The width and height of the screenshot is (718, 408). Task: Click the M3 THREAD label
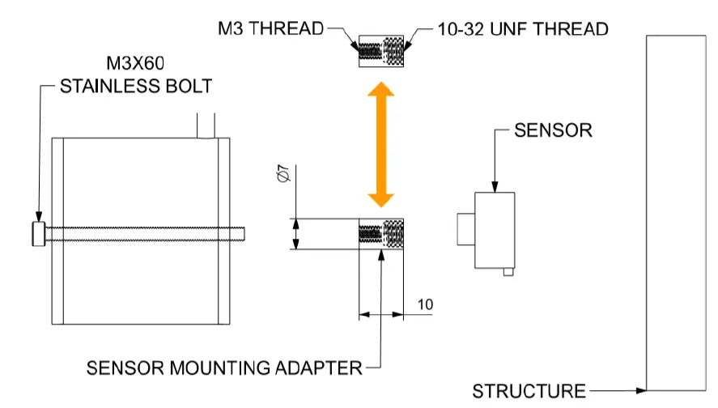[x=270, y=29]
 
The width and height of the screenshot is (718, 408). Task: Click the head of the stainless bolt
[x=38, y=234]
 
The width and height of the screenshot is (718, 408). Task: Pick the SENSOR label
[x=554, y=130]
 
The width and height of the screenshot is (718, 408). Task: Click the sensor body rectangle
[x=495, y=230]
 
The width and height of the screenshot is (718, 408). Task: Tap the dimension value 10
[x=425, y=304]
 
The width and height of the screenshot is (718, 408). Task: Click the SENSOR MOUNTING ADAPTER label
[x=224, y=368]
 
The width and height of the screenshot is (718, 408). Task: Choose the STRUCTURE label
[x=529, y=391]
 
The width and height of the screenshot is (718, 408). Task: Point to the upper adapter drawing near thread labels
[x=381, y=51]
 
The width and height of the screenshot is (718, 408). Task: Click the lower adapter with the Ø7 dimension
[x=381, y=234]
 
